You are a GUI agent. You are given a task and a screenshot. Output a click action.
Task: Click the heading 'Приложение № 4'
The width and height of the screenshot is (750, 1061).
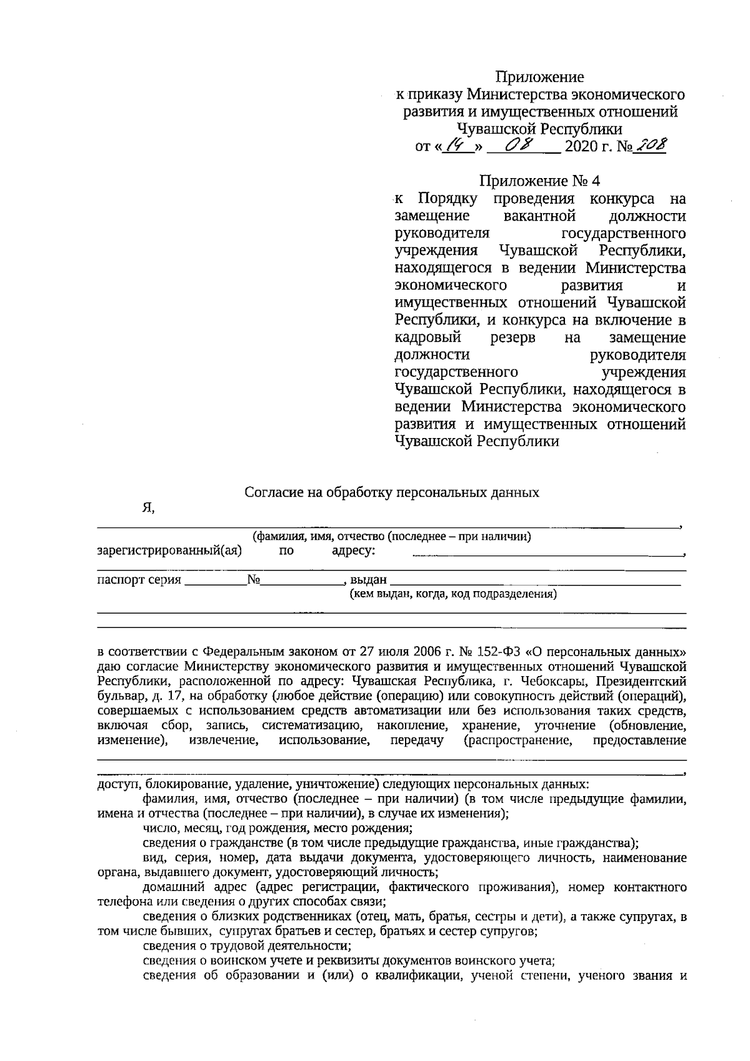539,181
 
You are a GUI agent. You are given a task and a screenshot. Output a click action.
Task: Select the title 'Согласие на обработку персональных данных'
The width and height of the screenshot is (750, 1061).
391,492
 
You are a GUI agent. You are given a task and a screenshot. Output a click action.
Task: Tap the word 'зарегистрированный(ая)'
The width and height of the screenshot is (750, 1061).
169,550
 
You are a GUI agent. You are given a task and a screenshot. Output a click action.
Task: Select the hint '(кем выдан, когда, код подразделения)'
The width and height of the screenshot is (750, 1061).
453,594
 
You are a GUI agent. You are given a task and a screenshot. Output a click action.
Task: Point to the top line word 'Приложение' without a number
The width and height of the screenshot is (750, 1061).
539,77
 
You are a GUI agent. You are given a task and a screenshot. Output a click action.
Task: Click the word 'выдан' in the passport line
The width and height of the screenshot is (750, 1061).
368,580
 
